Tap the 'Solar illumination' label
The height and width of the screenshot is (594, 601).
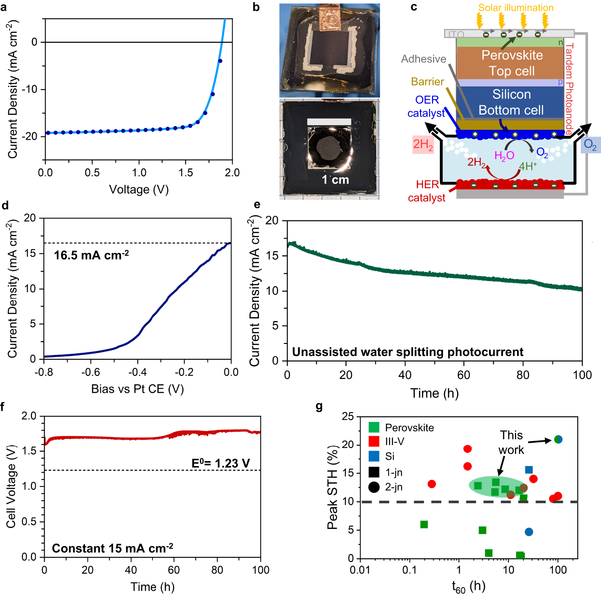click(x=515, y=8)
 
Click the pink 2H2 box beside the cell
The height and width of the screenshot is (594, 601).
click(x=423, y=144)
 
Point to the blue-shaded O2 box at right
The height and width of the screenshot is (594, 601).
click(x=590, y=145)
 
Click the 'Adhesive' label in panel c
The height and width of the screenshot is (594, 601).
click(x=423, y=59)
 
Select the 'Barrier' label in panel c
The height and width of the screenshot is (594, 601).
click(x=427, y=82)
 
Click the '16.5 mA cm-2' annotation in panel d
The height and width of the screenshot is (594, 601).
click(x=91, y=255)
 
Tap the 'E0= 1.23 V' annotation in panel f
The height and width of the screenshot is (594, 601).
click(x=220, y=463)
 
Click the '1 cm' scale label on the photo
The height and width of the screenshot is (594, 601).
click(x=335, y=180)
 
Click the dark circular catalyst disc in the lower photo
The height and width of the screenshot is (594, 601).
click(x=328, y=148)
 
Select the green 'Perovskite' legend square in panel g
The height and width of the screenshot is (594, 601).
click(x=374, y=427)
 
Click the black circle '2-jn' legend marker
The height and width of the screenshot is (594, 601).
click(x=374, y=487)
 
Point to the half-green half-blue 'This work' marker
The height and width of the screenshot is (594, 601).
click(x=558, y=439)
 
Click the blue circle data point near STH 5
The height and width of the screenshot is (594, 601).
click(x=529, y=532)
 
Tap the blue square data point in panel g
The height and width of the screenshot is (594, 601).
click(x=529, y=470)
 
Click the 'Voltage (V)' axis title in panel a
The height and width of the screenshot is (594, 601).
click(x=139, y=189)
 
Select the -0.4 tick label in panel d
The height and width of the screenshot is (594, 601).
click(x=137, y=372)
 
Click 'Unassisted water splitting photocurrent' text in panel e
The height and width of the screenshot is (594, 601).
click(x=407, y=352)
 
